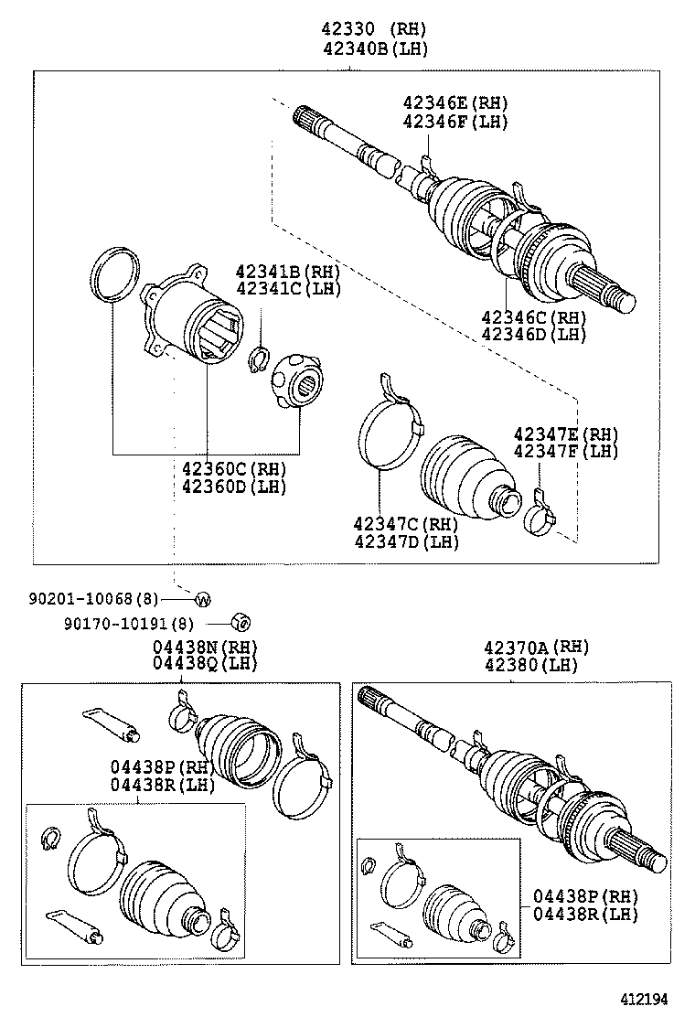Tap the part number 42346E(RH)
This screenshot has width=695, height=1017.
454,103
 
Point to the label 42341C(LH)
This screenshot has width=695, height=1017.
287,289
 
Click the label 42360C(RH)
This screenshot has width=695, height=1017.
233,468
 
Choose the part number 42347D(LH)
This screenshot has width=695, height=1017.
406,542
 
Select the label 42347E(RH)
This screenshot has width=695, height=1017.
565,434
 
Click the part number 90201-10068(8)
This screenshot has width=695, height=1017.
93,599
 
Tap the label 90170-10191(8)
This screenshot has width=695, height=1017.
129,624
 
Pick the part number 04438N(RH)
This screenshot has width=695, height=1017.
205,646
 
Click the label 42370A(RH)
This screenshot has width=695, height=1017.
538,647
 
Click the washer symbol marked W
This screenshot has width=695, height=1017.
203,600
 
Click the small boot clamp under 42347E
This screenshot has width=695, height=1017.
540,518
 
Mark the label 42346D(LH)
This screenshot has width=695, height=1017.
534,334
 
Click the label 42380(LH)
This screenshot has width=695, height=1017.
538,665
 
